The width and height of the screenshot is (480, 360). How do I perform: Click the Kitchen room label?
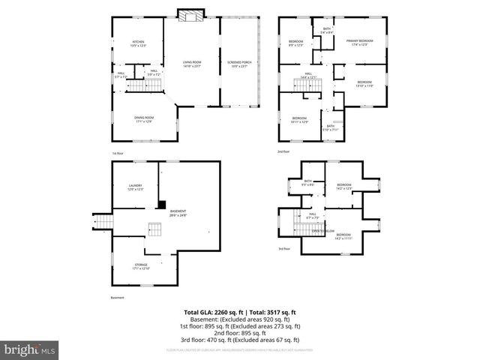point(138,43)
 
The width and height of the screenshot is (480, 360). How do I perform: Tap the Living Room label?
point(192,63)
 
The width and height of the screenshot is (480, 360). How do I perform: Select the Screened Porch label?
point(238,63)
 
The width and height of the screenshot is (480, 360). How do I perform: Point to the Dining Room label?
point(144,118)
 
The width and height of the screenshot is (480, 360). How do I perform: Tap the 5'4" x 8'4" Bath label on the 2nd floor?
point(326,31)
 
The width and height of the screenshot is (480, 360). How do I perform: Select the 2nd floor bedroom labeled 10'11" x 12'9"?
point(299,120)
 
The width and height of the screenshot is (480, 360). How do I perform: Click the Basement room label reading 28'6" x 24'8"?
point(178,213)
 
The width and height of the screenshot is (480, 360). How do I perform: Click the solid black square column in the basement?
point(161,204)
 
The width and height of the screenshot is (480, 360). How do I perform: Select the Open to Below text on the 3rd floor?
point(323,230)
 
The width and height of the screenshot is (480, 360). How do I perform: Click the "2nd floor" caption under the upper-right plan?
point(283,153)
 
